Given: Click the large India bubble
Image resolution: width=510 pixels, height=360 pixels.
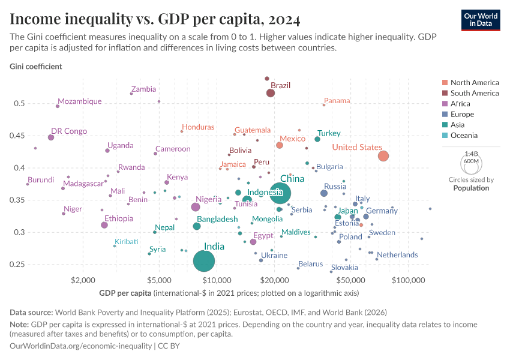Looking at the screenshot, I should point(205,261).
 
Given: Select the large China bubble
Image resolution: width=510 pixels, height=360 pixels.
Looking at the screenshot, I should point(280,193).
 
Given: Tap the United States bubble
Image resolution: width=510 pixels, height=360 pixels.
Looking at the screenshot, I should point(383,156).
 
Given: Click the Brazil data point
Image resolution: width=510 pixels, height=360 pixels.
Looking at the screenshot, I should point(271,92).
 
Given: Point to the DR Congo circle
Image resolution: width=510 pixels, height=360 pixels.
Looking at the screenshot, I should point(51,137).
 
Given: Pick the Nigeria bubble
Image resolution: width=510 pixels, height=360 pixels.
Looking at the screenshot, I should point(195,207).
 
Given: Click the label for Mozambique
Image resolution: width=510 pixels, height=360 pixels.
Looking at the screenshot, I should point(80,101).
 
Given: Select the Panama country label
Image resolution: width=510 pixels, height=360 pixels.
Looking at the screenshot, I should point(337,101).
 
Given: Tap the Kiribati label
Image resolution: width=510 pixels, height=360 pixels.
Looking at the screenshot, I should point(126,241).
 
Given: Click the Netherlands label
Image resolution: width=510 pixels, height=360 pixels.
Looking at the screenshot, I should point(397,255).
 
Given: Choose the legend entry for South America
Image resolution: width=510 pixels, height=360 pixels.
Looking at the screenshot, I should point(474,93).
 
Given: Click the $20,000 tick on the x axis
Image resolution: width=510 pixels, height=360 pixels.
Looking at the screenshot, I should point(275,280).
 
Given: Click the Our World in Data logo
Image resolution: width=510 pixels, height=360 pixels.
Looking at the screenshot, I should point(481,19).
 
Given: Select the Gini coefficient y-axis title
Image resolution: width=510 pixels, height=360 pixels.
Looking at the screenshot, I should point(35,66).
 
